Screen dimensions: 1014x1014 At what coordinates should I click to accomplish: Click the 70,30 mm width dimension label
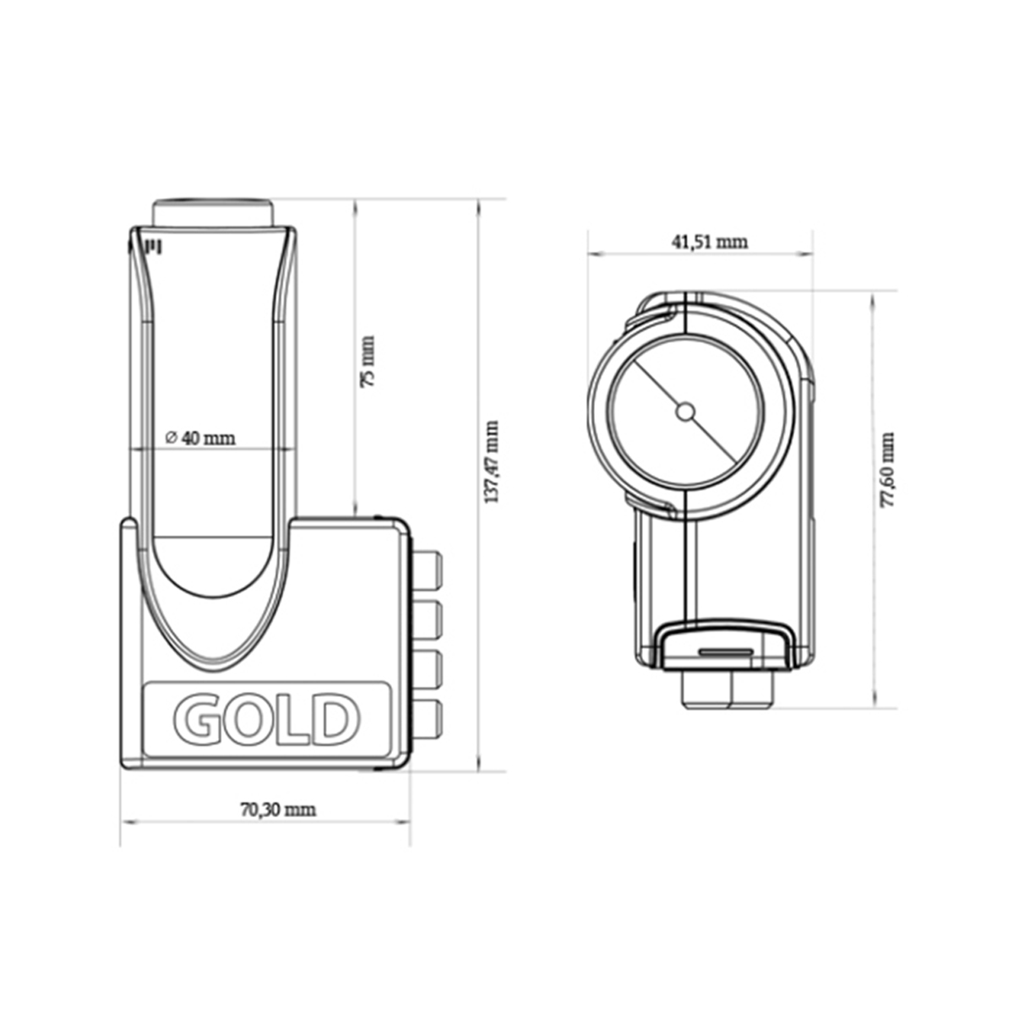[x=277, y=810]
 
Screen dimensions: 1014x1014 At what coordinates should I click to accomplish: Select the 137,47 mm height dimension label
[x=491, y=461]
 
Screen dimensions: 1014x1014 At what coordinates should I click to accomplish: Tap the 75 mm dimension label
[x=368, y=362]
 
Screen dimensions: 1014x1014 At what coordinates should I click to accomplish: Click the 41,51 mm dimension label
[x=709, y=242]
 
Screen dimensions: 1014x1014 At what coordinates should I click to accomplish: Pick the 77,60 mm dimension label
[x=886, y=470]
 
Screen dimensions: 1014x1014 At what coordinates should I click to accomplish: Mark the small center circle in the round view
[x=685, y=412]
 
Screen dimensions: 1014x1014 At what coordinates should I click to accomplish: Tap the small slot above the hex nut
[x=727, y=652]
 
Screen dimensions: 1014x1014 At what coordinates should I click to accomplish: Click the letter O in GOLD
[x=245, y=719]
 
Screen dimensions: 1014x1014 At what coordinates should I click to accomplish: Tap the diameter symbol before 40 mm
[x=170, y=438]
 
